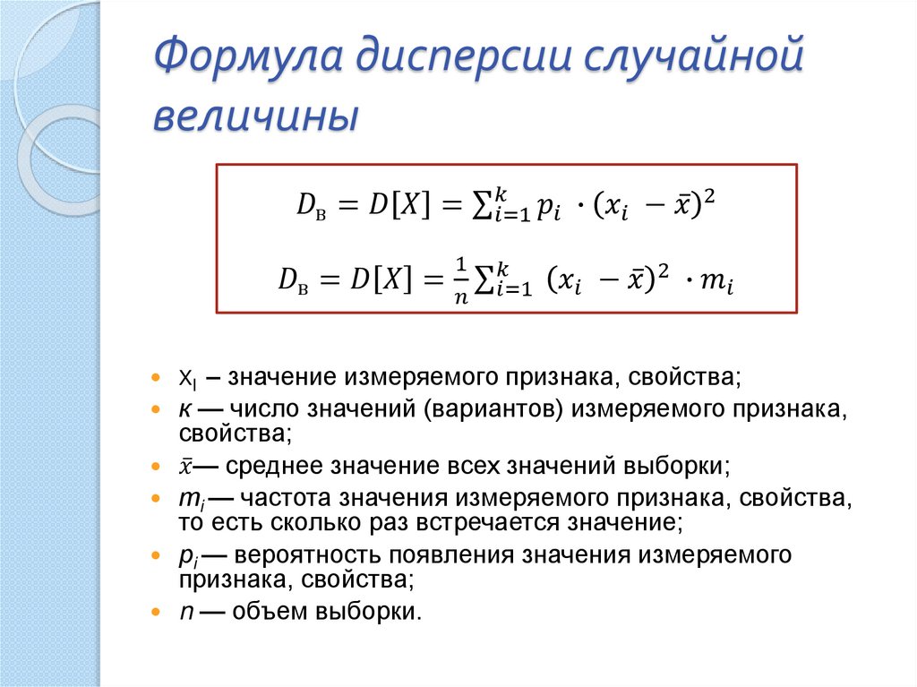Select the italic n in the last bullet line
[x=184, y=613]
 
